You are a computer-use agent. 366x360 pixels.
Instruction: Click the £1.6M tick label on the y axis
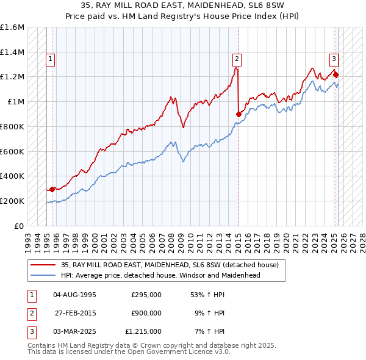click(x=12, y=27)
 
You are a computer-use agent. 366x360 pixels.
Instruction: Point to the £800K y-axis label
click(x=12, y=126)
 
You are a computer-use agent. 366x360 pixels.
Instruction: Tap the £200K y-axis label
click(x=12, y=201)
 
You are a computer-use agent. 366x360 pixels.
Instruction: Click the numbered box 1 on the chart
click(x=49, y=59)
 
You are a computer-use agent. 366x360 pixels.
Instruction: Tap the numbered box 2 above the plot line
click(x=236, y=59)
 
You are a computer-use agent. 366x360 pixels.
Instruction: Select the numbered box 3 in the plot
click(x=334, y=59)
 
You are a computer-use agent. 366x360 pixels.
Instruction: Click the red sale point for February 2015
click(x=239, y=114)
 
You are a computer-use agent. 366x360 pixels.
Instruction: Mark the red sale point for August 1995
click(x=52, y=189)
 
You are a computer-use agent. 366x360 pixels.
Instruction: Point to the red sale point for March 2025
click(x=336, y=75)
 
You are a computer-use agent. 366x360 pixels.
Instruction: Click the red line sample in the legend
click(x=43, y=265)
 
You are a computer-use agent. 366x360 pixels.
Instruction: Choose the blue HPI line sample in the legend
click(x=43, y=275)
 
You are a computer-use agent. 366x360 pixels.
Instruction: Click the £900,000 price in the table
click(x=146, y=313)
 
